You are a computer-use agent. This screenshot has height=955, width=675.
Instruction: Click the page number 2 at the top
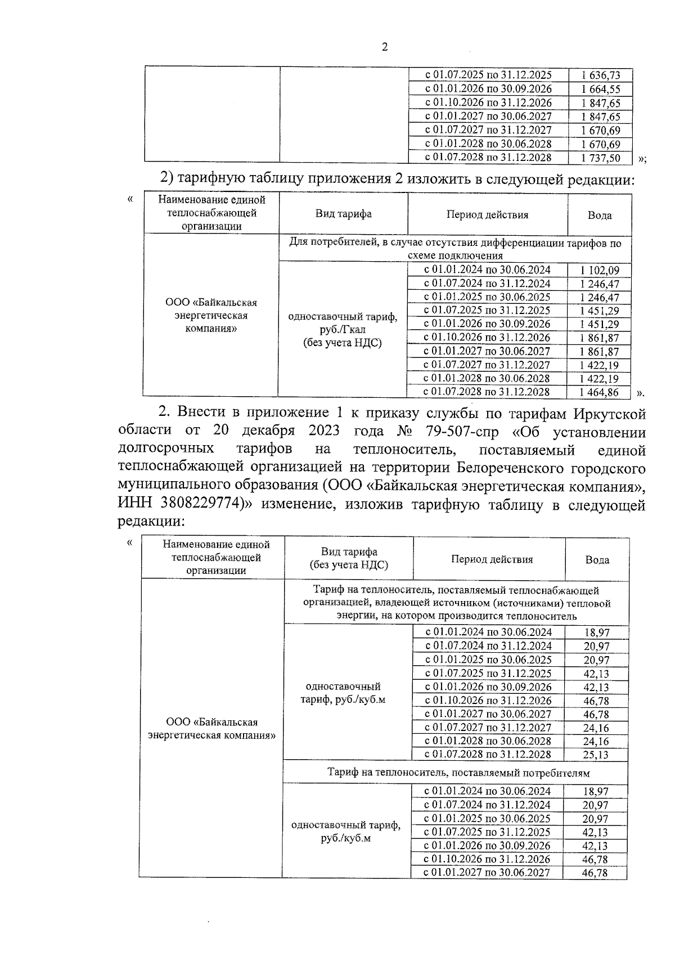click(385, 47)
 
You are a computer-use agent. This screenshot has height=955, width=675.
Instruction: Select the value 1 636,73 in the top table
click(601, 75)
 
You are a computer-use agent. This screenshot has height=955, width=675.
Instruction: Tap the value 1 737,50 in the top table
click(601, 158)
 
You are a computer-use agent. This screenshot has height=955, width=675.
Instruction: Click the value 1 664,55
click(601, 89)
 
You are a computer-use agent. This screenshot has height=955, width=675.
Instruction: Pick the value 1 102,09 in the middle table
click(600, 271)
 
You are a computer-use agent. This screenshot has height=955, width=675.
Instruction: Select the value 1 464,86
click(600, 392)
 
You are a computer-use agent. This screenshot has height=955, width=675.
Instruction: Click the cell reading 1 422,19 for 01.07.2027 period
click(600, 365)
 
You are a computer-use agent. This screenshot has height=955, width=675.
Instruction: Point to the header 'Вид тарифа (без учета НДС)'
click(349, 558)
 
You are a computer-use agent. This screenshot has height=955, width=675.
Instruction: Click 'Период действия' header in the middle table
click(487, 214)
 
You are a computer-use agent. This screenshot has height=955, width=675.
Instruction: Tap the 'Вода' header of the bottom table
click(597, 559)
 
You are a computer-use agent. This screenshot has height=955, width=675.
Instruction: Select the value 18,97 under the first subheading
click(596, 633)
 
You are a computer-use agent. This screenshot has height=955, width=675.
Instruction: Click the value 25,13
click(596, 755)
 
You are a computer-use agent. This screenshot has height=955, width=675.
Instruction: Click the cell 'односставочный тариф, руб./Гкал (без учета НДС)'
click(343, 330)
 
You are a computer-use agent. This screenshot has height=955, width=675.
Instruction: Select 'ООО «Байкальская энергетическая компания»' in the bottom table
click(212, 729)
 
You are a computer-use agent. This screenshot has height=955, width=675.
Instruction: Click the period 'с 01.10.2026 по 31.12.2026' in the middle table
click(487, 338)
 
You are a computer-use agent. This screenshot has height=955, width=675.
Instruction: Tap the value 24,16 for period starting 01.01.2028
click(596, 742)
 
